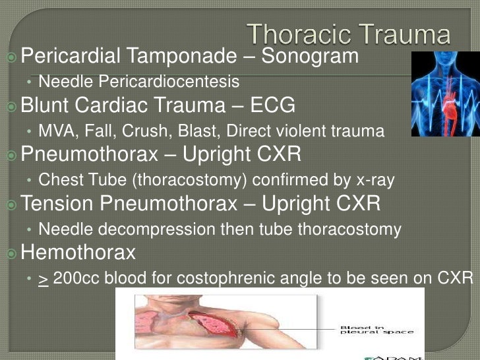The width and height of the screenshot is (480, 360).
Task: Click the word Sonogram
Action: (310, 56)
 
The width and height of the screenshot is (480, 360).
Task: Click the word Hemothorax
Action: (78, 252)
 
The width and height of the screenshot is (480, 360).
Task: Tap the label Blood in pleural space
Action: (376, 328)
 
